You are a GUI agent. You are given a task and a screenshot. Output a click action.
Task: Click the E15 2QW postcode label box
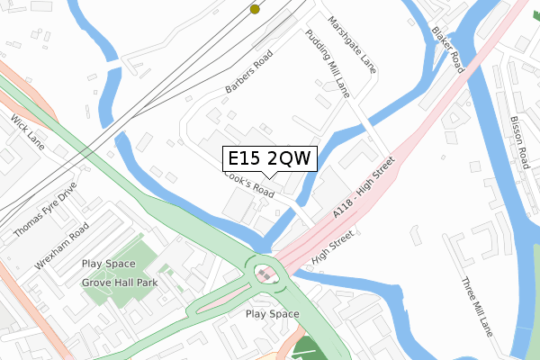[268, 158]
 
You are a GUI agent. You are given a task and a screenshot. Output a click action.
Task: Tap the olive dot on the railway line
[255, 9]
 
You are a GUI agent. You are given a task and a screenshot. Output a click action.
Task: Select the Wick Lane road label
[28, 132]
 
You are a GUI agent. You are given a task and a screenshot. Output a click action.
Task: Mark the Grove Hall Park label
[121, 283]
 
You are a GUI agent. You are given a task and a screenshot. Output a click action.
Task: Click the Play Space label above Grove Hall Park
[108, 264]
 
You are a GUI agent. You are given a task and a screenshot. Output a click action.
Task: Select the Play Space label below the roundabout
[272, 314]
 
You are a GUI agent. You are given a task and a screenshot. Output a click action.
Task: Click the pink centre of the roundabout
[265, 273]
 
